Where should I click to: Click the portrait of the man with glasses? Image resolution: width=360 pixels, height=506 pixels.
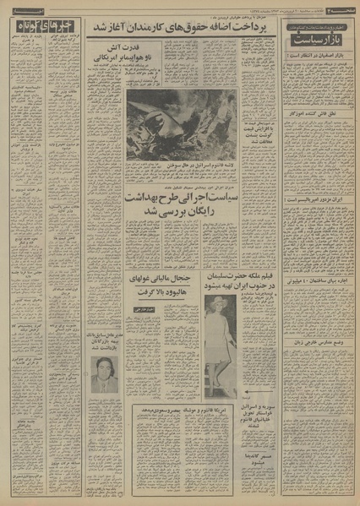(x=104, y=375)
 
